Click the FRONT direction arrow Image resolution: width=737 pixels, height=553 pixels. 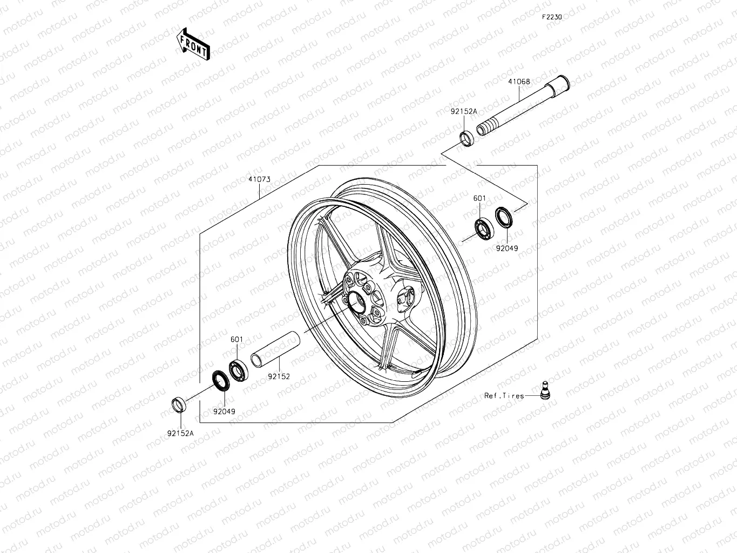click(x=193, y=44)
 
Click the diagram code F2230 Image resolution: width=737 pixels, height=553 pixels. click(x=552, y=17)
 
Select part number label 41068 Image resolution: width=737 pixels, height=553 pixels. click(x=519, y=82)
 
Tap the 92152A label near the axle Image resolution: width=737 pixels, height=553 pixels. click(x=464, y=111)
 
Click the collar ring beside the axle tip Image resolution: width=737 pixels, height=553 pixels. click(x=466, y=138)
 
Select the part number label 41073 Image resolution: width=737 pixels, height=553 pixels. click(x=259, y=179)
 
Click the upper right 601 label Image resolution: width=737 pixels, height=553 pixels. click(x=479, y=198)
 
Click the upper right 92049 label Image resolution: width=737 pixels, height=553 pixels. click(x=508, y=248)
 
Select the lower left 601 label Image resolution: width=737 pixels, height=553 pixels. click(x=236, y=340)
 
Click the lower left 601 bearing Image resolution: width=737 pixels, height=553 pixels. click(x=238, y=369)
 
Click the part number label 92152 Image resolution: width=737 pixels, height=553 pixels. click(x=279, y=376)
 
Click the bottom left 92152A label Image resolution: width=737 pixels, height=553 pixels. click(x=180, y=433)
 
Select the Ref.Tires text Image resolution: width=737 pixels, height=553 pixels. click(x=504, y=396)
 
